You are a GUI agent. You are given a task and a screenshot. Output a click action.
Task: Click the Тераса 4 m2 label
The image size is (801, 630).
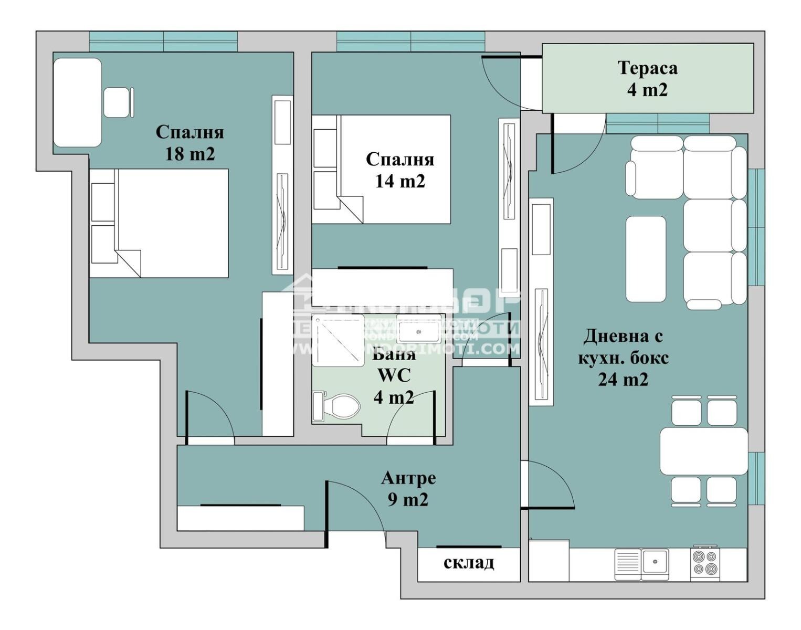point(647,79)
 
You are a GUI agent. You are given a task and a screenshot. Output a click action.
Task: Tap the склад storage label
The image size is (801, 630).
point(469,563)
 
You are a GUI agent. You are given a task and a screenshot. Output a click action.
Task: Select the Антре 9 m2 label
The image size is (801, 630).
point(408,489)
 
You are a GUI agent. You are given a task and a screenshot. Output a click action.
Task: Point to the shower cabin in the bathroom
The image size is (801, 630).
point(338,340)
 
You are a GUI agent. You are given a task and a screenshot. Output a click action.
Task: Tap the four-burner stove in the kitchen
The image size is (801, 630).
point(704,563)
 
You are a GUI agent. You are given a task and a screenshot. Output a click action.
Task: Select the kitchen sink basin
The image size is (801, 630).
point(655,562)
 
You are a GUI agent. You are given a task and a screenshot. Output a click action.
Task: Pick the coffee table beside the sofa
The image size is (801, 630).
point(646,259)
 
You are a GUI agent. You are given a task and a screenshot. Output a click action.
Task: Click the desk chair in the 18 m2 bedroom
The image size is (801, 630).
point(117,102)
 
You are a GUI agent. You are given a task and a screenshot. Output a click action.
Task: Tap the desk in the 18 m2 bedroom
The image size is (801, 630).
point(77,102)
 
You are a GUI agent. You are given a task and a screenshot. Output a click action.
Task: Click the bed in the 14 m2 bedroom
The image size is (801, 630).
point(394,170)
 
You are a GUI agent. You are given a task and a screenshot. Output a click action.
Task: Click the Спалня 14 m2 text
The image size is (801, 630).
point(399,170)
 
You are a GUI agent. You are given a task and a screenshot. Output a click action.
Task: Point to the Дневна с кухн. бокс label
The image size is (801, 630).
point(623,357)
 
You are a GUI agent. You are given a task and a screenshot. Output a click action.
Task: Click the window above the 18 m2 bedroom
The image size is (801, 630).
point(163,41)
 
